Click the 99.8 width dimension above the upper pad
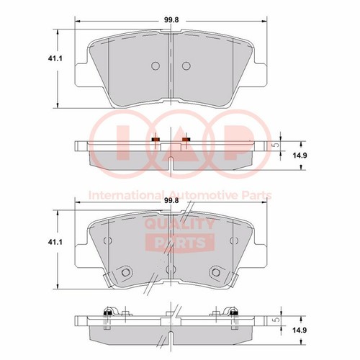pyautogui.click(x=171, y=20)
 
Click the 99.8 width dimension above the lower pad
pyautogui.click(x=171, y=201)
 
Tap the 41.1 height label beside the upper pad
pyautogui.click(x=55, y=58)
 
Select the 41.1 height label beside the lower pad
pyautogui.click(x=55, y=242)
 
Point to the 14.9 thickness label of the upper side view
pyautogui.click(x=300, y=156)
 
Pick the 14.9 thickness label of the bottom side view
pyautogui.click(x=300, y=330)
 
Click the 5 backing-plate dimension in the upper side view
pyautogui.click(x=276, y=145)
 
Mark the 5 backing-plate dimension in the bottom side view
pyautogui.click(x=276, y=320)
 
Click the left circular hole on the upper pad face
pyautogui.click(x=156, y=66)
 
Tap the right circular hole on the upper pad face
pyautogui.click(x=186, y=66)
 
